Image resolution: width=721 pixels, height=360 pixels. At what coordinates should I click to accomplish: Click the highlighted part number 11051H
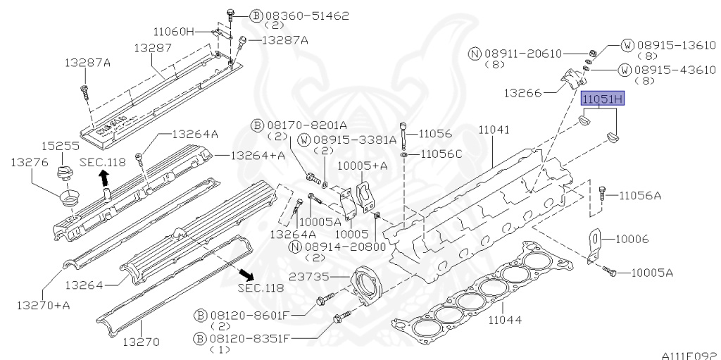click(603, 98)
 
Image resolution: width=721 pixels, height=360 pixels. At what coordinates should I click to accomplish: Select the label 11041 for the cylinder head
click(494, 130)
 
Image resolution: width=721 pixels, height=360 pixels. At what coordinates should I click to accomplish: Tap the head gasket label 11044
click(505, 319)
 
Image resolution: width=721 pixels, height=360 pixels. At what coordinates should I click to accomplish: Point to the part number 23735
click(308, 277)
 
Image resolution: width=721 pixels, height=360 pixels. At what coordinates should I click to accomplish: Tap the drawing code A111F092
click(691, 355)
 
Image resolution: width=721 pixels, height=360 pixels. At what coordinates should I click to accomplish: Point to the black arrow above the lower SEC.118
click(247, 275)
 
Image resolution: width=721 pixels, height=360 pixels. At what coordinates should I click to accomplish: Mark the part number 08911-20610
click(523, 54)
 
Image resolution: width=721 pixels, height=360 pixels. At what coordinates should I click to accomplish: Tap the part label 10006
click(632, 239)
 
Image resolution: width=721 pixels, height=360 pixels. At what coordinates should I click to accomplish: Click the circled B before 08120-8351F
click(199, 340)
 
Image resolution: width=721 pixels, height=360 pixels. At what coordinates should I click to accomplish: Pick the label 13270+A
click(43, 305)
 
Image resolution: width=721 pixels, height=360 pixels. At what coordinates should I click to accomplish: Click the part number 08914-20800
click(345, 247)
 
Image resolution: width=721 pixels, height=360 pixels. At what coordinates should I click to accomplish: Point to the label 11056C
click(439, 154)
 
